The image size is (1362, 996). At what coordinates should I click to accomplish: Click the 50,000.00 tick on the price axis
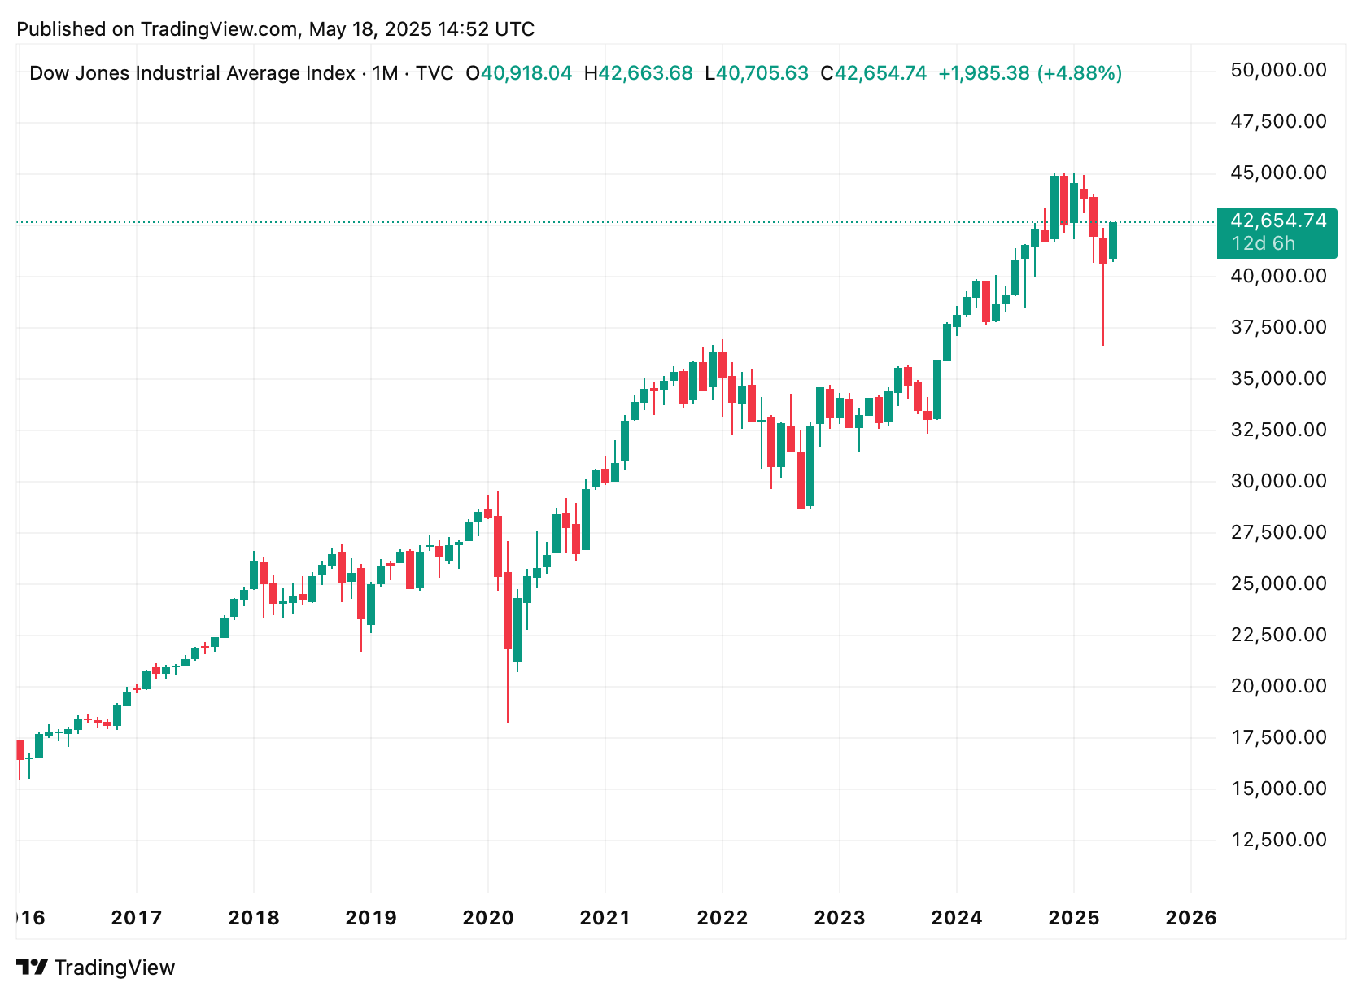[x=1278, y=71]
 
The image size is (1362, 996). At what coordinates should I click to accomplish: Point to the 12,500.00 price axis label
[x=1278, y=841]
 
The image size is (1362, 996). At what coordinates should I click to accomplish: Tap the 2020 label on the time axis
[x=488, y=918]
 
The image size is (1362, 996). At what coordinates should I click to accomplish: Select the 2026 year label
[x=1190, y=918]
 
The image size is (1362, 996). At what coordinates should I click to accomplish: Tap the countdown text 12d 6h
[x=1264, y=244]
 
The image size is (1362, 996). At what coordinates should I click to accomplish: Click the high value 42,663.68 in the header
[x=645, y=73]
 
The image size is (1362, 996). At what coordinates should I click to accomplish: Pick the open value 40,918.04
[x=526, y=73]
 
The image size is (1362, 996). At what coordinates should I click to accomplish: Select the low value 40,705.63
[x=762, y=73]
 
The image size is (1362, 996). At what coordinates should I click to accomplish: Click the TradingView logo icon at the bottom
[x=32, y=967]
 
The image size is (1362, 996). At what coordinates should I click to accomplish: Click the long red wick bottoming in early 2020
[x=508, y=686]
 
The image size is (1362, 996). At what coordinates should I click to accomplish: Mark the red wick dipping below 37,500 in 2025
[x=1103, y=304]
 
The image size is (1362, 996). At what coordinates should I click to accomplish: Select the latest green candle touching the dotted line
[x=1113, y=241]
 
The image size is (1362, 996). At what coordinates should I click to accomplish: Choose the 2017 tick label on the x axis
[x=136, y=918]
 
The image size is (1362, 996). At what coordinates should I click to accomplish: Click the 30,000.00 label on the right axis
[x=1278, y=482]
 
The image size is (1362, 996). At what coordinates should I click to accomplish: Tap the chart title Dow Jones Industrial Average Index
[x=192, y=73]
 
